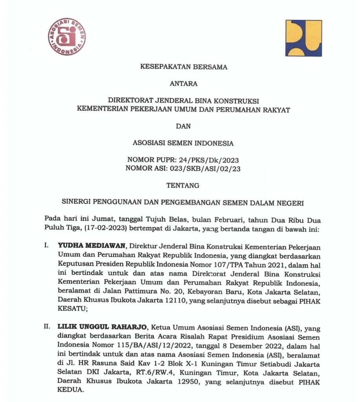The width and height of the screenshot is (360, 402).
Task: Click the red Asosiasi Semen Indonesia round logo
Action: point(67,37)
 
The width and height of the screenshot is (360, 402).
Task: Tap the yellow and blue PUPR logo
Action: point(303,38)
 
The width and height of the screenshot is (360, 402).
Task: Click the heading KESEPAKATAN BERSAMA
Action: point(184,67)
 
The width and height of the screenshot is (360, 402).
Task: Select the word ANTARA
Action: point(184,84)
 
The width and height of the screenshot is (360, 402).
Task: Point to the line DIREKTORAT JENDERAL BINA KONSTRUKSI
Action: point(184,101)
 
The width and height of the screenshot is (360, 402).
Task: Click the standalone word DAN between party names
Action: point(184,126)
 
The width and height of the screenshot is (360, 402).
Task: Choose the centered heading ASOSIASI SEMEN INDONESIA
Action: point(184,143)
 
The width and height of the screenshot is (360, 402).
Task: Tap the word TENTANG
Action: point(184,185)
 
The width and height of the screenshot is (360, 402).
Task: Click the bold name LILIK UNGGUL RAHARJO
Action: point(102,327)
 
